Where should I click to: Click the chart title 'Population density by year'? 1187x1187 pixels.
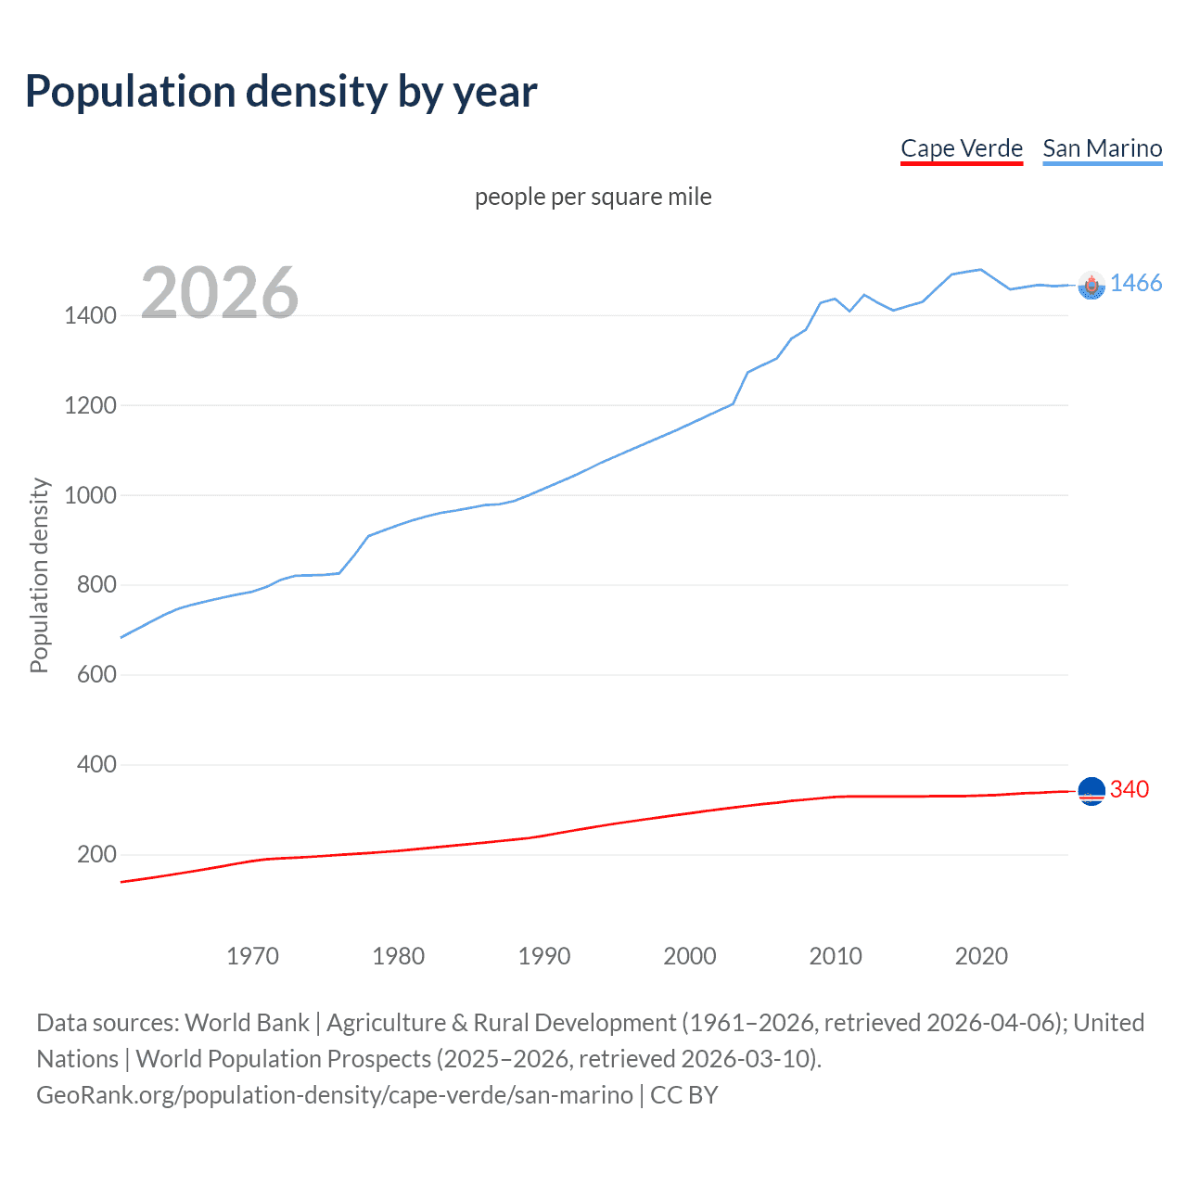(281, 92)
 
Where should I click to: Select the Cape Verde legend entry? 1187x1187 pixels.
(961, 148)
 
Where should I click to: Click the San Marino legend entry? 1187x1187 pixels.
(1102, 148)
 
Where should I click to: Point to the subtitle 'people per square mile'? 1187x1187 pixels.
(593, 197)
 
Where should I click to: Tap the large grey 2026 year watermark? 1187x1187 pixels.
(220, 293)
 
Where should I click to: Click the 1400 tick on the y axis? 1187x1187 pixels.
(90, 315)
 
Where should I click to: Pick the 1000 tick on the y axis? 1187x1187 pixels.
(90, 495)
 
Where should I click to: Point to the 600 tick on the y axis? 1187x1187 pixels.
(96, 675)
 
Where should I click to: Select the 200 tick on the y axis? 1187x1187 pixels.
(96, 855)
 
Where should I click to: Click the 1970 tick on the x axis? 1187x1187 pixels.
(252, 956)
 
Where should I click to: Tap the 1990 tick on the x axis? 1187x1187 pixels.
(544, 956)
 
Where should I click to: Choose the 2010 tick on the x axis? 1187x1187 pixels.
(836, 956)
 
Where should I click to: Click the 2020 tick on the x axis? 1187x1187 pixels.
(981, 956)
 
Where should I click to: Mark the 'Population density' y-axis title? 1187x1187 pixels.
(39, 575)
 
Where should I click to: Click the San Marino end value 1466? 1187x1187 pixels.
(1135, 284)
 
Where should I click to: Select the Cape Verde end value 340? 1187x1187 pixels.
(1129, 789)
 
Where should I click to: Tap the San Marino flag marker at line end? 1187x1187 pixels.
(1091, 286)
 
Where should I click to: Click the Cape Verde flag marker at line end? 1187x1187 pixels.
(1091, 791)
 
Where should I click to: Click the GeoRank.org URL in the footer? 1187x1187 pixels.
(335, 1095)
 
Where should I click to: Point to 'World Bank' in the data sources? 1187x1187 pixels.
(247, 1023)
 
